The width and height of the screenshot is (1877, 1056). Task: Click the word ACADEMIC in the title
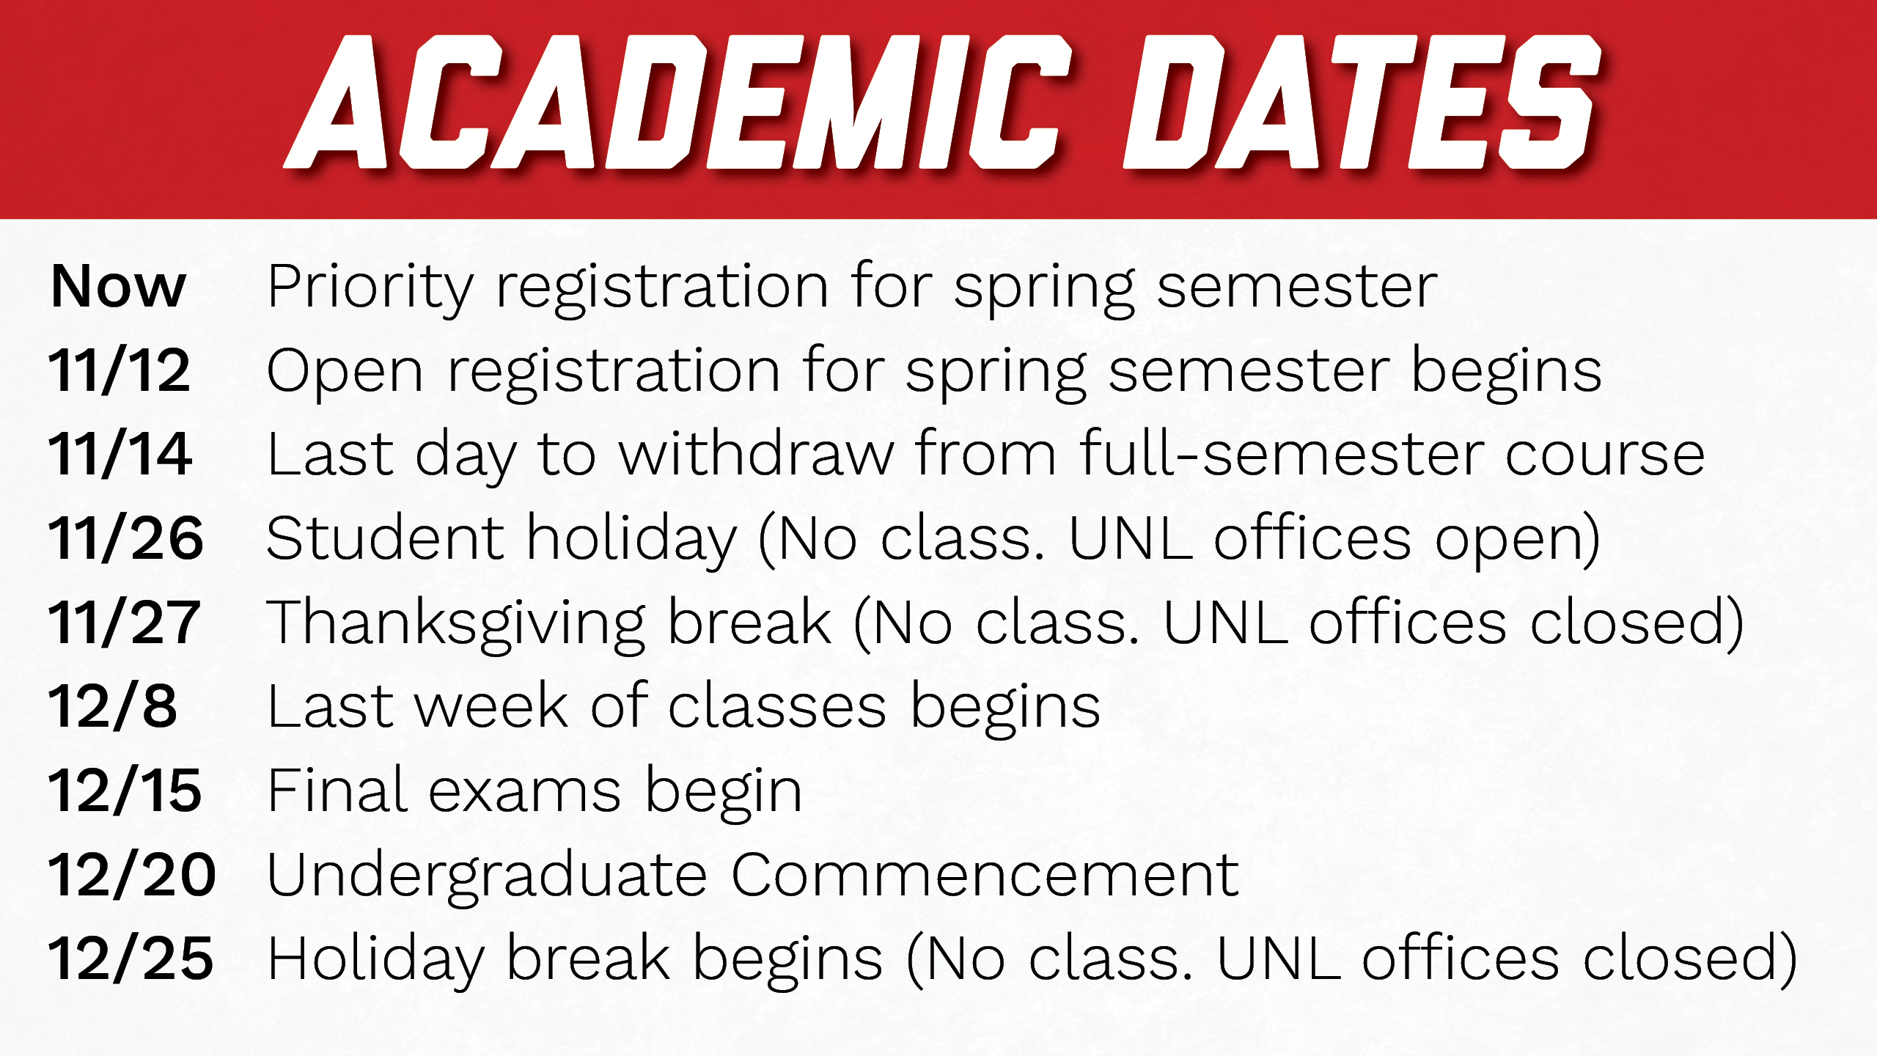[678, 102]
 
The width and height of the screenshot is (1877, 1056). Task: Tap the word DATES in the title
[1362, 102]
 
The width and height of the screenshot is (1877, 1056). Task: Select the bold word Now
[118, 286]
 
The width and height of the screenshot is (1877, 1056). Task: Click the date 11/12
[120, 370]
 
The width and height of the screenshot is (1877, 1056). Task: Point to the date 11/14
[120, 454]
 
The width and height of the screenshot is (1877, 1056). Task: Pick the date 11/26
[125, 538]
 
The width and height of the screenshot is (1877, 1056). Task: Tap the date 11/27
[124, 622]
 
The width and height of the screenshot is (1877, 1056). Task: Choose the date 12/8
[113, 706]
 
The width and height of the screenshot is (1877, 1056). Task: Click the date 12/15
[125, 791]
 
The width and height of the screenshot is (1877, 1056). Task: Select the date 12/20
[132, 875]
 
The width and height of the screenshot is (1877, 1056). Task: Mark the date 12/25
[131, 958]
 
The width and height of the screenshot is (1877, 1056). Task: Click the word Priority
[371, 289]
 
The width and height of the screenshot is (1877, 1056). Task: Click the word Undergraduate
[488, 878]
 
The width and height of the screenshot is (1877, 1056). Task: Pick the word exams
[525, 793]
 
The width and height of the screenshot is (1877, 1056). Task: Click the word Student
[386, 538]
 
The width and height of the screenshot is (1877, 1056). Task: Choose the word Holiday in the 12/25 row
[376, 961]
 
